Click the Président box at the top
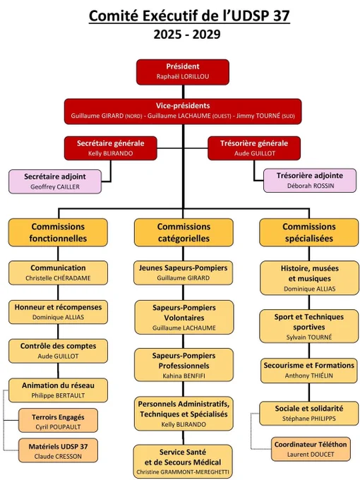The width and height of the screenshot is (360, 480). [183, 72]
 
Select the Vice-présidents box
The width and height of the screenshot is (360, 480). [183, 111]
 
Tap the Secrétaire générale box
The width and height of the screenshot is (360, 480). [111, 148]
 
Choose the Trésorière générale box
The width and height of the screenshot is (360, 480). [254, 148]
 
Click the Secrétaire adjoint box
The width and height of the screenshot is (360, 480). [55, 181]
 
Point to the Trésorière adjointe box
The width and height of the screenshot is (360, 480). [310, 181]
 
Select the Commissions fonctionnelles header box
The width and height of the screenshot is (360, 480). [58, 232]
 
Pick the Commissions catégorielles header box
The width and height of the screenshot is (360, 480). [184, 232]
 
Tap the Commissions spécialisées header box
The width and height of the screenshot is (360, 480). [309, 232]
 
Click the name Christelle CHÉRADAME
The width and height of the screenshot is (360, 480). [58, 278]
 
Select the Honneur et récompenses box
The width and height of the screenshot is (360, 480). [58, 312]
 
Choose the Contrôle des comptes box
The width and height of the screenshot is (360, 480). [58, 351]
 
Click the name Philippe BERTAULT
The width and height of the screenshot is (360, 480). [58, 395]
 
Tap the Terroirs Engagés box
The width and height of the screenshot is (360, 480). [58, 420]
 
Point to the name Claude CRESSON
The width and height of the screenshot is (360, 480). [58, 457]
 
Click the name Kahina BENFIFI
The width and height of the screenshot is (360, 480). [184, 376]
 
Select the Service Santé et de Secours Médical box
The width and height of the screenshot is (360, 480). [183, 462]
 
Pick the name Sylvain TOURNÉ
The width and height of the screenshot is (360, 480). [309, 337]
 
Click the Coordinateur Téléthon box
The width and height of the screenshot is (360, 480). [311, 449]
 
